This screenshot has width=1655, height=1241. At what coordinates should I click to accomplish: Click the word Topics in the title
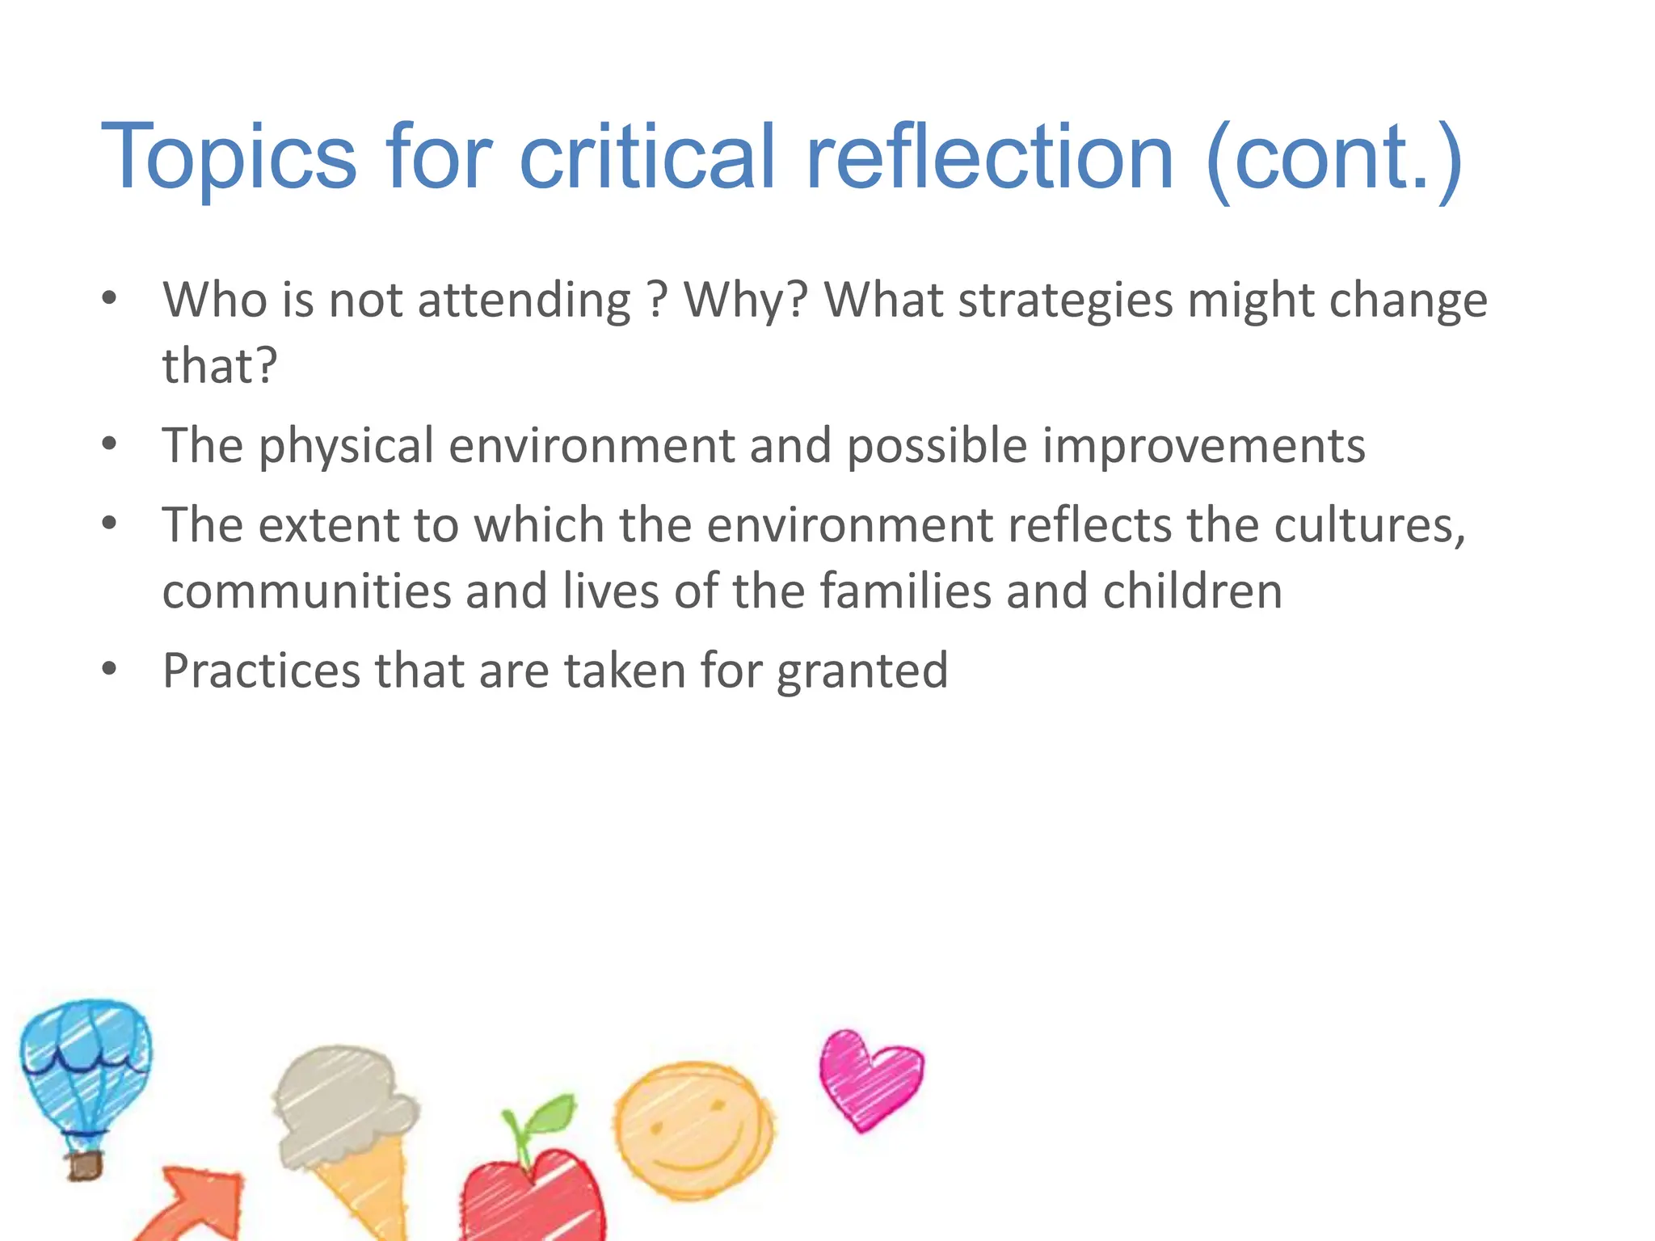point(228,158)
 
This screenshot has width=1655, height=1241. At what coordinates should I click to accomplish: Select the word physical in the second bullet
point(346,447)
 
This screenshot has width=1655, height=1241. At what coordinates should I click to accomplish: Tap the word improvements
point(1203,447)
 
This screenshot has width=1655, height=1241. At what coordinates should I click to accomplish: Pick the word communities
point(306,591)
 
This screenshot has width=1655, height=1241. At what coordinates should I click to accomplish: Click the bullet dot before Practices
point(110,669)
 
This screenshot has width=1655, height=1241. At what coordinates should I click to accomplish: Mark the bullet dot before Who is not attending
point(110,298)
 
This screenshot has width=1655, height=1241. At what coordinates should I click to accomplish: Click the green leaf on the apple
point(551,1115)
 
